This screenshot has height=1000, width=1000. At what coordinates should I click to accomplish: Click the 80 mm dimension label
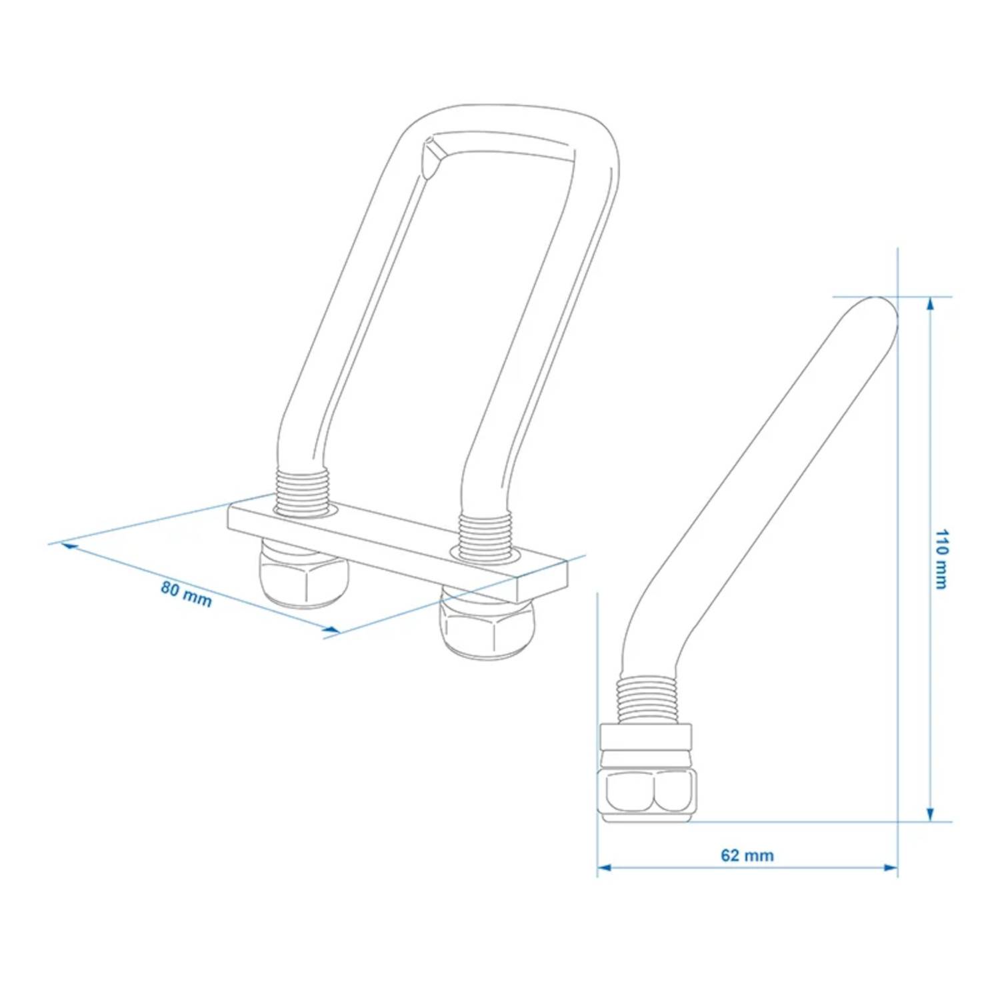click(186, 594)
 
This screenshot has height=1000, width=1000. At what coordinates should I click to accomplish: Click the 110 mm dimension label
click(941, 559)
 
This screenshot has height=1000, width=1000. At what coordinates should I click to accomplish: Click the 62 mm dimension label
click(747, 855)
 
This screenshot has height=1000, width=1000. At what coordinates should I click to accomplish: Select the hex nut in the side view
click(648, 793)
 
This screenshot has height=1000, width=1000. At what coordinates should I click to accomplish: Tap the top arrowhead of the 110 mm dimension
click(930, 304)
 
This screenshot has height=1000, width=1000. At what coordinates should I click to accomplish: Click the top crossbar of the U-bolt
click(507, 127)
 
